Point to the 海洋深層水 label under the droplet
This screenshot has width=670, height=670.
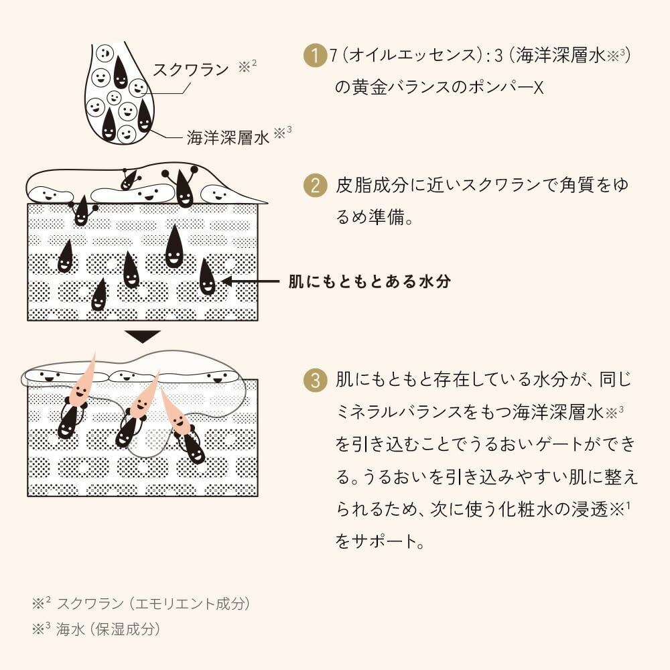pyautogui.click(x=228, y=137)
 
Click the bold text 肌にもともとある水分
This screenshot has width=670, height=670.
pyautogui.click(x=369, y=281)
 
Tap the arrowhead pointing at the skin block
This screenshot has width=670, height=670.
pyautogui.click(x=228, y=281)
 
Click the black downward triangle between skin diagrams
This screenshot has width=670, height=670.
pyautogui.click(x=143, y=336)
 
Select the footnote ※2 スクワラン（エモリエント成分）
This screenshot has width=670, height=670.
pyautogui.click(x=142, y=604)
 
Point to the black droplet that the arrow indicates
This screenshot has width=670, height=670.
pyautogui.click(x=207, y=277)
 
